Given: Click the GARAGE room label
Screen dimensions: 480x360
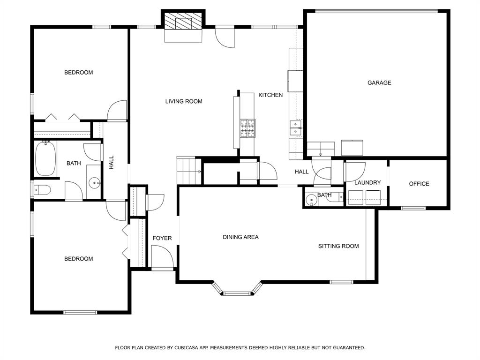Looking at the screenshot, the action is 379,82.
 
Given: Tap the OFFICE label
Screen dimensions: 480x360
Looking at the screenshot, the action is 419,184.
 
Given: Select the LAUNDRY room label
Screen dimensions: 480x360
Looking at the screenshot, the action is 367,182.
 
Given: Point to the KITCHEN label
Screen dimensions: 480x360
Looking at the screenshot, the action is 270,95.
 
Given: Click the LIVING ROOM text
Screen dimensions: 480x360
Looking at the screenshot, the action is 184,101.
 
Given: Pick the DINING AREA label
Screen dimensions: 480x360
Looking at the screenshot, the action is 240,237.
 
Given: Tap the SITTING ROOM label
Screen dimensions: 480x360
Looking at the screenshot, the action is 338,246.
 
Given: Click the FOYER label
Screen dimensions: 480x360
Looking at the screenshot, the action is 162,238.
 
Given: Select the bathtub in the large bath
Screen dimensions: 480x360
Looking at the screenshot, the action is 45,158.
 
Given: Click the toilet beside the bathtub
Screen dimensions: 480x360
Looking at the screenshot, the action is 42,190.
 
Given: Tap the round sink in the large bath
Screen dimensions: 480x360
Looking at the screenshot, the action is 94,183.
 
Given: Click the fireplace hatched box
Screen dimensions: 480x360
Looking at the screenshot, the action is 183,21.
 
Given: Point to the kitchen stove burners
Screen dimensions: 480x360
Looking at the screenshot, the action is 247,128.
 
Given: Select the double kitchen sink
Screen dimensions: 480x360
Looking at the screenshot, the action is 296,127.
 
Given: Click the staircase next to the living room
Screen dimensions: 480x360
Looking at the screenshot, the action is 189,171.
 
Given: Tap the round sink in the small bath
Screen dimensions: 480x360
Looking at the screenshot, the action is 311,200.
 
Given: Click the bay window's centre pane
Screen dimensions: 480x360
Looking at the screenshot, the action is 237,293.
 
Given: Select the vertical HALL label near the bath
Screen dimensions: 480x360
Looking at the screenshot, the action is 112,162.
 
